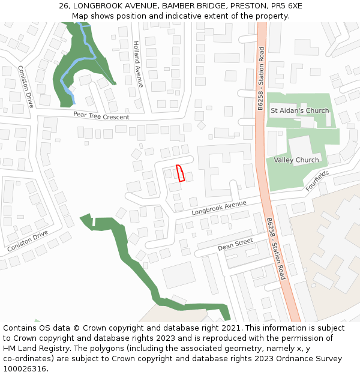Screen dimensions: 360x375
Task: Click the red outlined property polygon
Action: click(x=179, y=173)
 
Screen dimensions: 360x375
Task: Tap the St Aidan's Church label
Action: click(x=299, y=110)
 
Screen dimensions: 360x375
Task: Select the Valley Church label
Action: click(x=296, y=160)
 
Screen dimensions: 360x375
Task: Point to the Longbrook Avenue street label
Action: click(x=219, y=208)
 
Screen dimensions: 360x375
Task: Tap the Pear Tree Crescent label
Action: click(x=101, y=115)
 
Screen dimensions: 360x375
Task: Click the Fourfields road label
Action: click(x=317, y=181)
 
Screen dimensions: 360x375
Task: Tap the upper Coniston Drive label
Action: click(x=26, y=86)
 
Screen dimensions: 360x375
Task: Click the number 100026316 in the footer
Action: click(x=25, y=368)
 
